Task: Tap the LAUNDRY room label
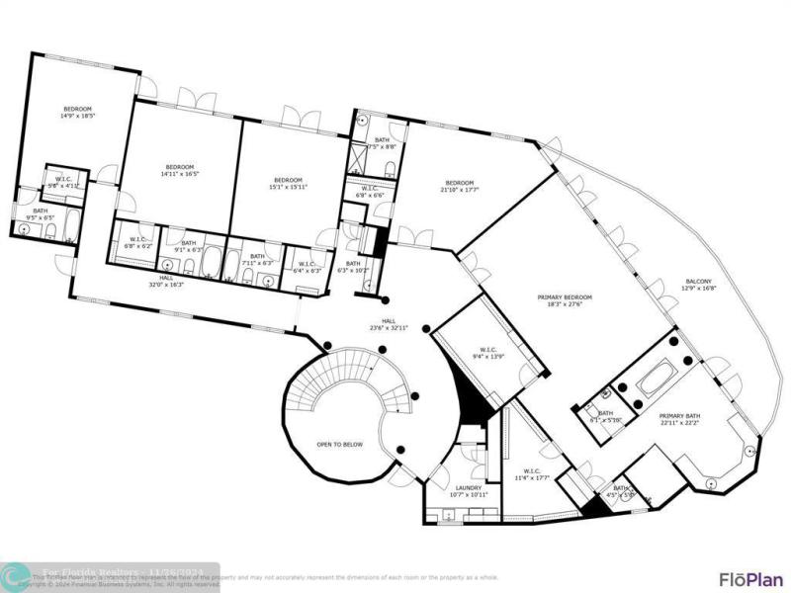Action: [x=468, y=487]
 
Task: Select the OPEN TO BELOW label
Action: [x=339, y=444]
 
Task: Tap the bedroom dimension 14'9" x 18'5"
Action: [x=78, y=117]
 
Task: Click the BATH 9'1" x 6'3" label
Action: [x=189, y=249]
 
